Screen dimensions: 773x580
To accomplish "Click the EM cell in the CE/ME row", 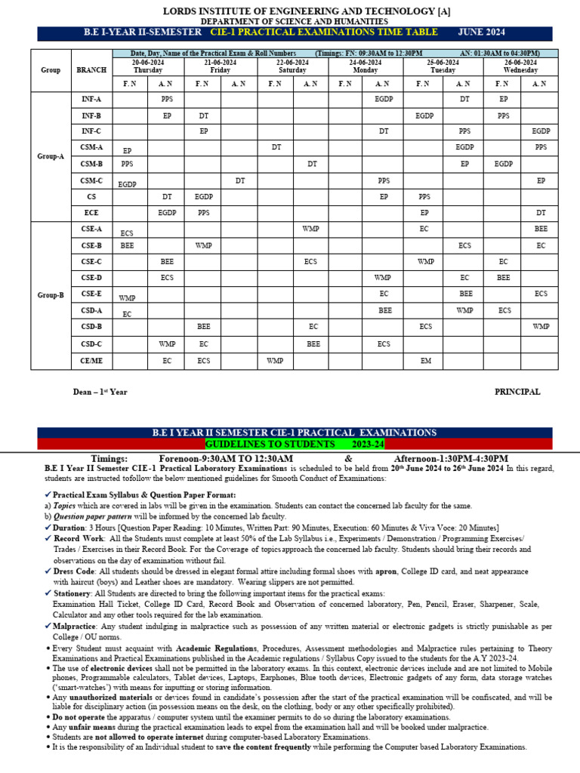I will [x=426, y=361].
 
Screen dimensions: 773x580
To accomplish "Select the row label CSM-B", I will [x=91, y=163].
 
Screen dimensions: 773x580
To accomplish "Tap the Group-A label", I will [x=51, y=156].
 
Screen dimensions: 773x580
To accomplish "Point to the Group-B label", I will [x=51, y=295].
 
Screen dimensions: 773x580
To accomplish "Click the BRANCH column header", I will [x=91, y=69].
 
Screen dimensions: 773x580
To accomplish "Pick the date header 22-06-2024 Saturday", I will [x=292, y=66].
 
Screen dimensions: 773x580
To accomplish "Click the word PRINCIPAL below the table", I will [x=517, y=392].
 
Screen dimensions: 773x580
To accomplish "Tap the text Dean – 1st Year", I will [x=99, y=393].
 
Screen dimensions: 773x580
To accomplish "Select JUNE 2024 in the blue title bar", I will [x=481, y=32].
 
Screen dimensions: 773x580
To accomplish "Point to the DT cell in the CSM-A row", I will [x=276, y=146].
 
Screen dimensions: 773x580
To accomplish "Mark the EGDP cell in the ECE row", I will [x=167, y=213].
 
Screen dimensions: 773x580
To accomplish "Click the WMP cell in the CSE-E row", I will [x=128, y=298].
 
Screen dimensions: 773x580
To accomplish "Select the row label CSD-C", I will [x=91, y=343].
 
